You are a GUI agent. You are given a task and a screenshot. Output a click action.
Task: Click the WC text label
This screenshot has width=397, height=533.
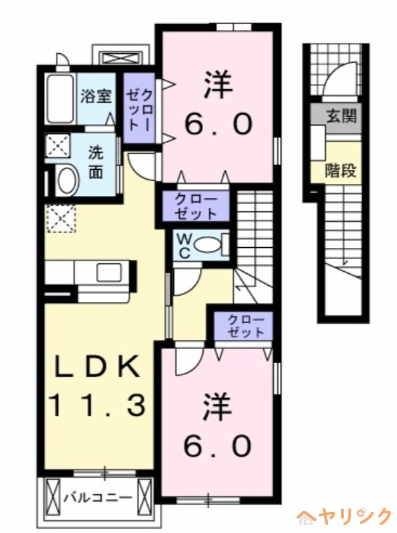[x=183, y=245]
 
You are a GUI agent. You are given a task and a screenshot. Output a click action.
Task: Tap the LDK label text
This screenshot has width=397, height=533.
[x=97, y=366]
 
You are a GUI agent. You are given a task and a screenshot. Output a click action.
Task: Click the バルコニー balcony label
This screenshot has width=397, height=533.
[x=97, y=496]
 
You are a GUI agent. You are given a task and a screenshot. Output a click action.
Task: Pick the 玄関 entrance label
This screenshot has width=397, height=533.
[x=341, y=116]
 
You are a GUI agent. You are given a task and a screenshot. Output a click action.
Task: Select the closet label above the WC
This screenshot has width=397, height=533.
[x=195, y=207]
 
